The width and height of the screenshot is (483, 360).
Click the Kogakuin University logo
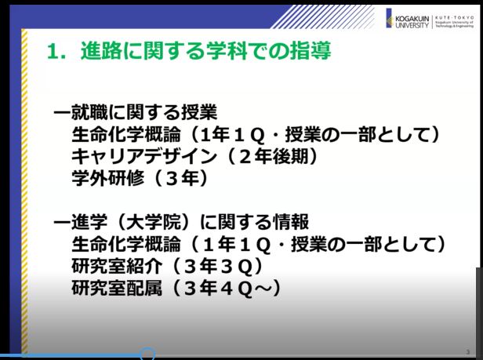point(408,19)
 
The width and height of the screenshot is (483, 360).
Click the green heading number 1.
point(53,52)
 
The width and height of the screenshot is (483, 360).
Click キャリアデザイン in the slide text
point(144,156)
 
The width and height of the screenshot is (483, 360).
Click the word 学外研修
point(107,178)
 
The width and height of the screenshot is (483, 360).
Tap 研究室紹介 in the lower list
point(117,266)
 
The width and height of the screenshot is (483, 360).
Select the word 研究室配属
point(117,288)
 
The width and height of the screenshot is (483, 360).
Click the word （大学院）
point(154,222)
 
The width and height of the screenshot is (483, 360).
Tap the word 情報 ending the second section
point(291,222)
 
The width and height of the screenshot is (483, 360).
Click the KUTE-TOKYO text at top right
point(454,17)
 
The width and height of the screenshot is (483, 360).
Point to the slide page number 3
point(468,351)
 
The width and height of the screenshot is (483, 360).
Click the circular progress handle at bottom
point(147,354)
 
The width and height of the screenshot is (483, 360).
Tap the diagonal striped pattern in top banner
point(322,17)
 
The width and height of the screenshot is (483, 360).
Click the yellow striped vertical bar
point(24,191)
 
